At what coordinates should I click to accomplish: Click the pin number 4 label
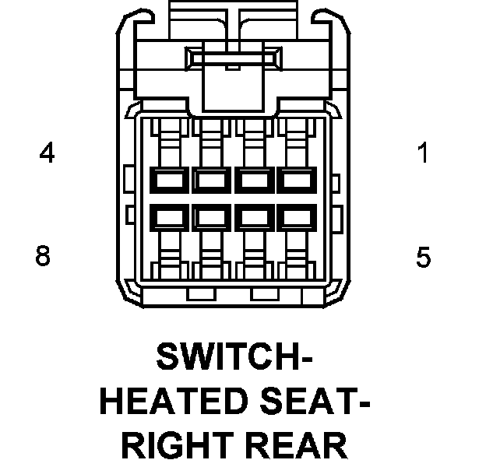[x=48, y=153]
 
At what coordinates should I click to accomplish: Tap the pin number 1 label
[x=423, y=153]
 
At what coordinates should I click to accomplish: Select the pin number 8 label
[x=44, y=256]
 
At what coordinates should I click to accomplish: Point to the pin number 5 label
[x=423, y=256]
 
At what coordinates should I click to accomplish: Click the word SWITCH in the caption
[x=225, y=358]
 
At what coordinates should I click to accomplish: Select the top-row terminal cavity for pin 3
[x=209, y=181]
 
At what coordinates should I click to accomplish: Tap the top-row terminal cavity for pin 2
[x=252, y=181]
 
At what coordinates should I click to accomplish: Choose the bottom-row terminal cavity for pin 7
[x=209, y=215]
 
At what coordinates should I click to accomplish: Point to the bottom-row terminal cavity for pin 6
[x=252, y=215]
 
